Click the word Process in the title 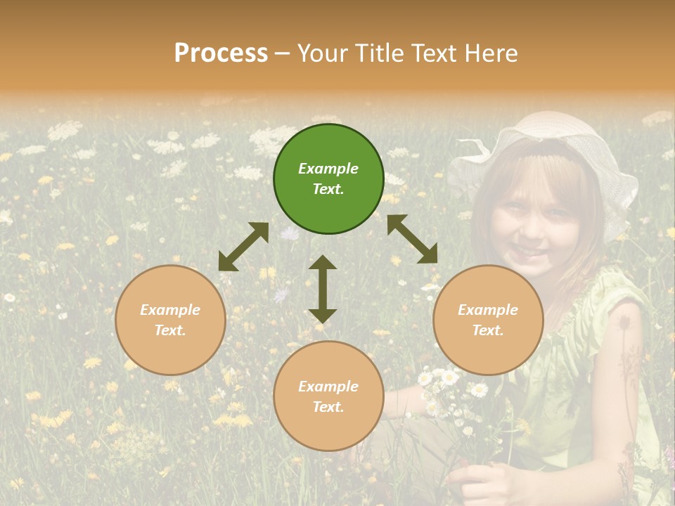click(221, 53)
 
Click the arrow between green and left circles click(243, 247)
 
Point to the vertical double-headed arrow click(323, 289)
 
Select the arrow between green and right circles click(412, 239)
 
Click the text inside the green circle click(328, 179)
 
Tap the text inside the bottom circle click(328, 396)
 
